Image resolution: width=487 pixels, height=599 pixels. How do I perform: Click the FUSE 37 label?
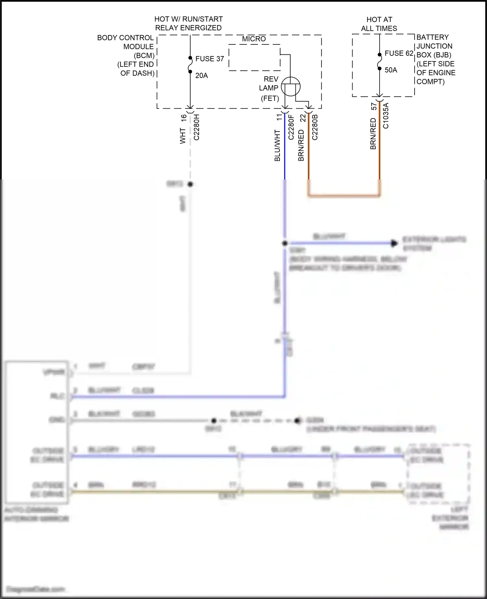[x=209, y=59]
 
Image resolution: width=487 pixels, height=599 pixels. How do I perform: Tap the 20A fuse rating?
[x=201, y=76]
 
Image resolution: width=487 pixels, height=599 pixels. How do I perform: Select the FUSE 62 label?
[x=399, y=53]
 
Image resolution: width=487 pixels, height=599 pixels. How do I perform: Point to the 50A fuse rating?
[x=391, y=70]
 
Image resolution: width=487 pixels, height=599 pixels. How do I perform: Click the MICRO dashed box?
[x=254, y=57]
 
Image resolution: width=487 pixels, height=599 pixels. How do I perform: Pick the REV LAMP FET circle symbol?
[x=291, y=87]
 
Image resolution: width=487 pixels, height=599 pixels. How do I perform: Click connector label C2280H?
[x=196, y=127]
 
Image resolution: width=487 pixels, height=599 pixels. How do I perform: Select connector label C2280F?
[x=291, y=127]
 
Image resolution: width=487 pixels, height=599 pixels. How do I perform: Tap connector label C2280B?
[x=315, y=127]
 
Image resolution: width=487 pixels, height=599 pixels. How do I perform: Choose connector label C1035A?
[x=386, y=116]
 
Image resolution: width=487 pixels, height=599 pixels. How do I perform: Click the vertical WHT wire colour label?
[x=183, y=136]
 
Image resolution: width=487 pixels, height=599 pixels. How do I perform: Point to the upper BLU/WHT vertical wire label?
[x=277, y=145]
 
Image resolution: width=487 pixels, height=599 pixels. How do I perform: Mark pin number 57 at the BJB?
[x=374, y=106]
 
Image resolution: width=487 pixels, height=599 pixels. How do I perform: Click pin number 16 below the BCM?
[x=184, y=118]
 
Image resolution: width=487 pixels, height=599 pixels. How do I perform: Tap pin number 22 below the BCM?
[x=303, y=118]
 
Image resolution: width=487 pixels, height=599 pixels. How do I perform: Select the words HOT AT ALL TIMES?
[x=379, y=24]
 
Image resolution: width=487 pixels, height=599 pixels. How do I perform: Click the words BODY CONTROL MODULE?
[x=125, y=42]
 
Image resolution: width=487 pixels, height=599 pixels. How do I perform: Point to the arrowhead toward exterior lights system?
[x=394, y=243]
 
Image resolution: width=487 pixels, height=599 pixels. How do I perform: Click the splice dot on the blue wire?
[x=285, y=243]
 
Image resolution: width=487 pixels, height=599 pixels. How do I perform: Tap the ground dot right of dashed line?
[x=297, y=421]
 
